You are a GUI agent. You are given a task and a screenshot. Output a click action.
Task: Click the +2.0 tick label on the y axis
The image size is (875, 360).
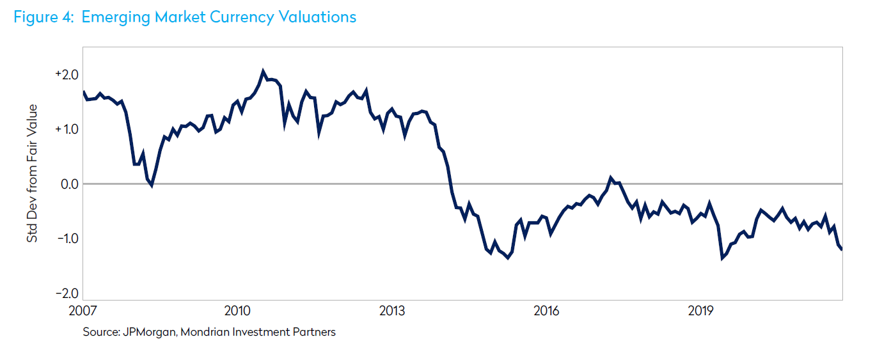click(x=67, y=75)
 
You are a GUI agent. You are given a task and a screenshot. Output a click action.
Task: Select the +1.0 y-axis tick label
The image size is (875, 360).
click(x=67, y=129)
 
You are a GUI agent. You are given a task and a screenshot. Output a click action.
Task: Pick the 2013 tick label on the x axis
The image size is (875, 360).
click(x=392, y=311)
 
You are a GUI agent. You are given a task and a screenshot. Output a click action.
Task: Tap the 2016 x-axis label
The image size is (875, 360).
click(x=546, y=311)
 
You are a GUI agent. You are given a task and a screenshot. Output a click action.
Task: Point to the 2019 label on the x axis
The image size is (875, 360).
click(x=701, y=311)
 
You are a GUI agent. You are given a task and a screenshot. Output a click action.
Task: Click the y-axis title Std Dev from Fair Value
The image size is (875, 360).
click(x=32, y=173)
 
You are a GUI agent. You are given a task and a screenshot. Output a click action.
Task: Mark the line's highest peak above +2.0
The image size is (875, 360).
click(x=263, y=70)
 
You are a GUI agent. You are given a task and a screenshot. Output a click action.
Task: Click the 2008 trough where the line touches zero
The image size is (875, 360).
click(x=151, y=185)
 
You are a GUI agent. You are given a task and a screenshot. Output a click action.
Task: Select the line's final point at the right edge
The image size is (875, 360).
click(x=841, y=249)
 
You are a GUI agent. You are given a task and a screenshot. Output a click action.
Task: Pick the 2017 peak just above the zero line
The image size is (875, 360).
click(x=611, y=178)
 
